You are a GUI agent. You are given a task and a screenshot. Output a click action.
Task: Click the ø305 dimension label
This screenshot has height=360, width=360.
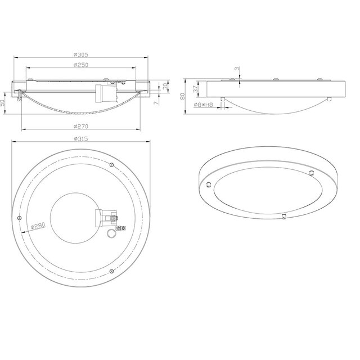click(x=82, y=55)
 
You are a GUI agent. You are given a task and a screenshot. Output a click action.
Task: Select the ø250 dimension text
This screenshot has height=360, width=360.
click(x=82, y=65)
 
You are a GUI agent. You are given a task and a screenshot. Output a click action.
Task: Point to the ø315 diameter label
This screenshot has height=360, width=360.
click(x=82, y=138)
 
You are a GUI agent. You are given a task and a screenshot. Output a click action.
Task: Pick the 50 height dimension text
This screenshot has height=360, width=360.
click(x=4, y=103)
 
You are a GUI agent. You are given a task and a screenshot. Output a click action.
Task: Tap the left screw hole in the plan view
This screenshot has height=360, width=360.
click(x=20, y=218)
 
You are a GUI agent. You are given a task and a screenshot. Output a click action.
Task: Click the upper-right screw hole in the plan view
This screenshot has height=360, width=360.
click(x=112, y=164)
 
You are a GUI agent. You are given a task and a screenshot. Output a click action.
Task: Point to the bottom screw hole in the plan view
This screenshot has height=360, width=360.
click(x=111, y=271)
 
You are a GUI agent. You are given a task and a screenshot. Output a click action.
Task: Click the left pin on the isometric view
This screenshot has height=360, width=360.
click(x=209, y=184)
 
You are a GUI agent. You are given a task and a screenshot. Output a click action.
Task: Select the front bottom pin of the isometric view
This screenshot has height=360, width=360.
click(x=283, y=216)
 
